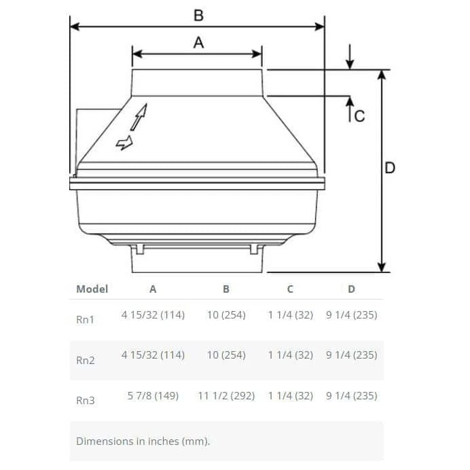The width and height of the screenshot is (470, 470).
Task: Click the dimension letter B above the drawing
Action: (198, 16)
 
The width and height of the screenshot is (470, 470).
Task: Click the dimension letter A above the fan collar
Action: (198, 43)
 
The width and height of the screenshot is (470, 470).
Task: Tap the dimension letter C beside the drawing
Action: (359, 116)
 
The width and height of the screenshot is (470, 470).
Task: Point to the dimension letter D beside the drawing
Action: (390, 168)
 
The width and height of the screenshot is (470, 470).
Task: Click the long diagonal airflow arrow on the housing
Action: (139, 117)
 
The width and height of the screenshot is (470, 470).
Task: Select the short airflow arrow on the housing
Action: (124, 143)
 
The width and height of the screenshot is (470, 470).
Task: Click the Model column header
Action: (92, 289)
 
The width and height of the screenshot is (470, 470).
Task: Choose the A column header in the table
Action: (153, 289)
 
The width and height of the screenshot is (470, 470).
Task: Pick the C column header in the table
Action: (290, 289)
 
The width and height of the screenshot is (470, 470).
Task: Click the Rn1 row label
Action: (85, 319)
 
